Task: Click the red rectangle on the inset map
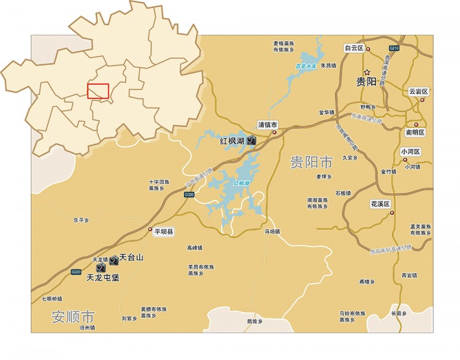98,91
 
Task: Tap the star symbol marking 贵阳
366,72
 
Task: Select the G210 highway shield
394,48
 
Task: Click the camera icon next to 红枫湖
251,140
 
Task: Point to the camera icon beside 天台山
113,260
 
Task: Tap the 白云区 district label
354,48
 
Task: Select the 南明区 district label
415,132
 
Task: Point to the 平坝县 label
164,232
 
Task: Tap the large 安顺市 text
73,317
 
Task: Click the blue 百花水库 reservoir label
305,66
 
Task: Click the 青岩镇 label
409,275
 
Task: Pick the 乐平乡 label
81,220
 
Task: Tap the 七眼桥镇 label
52,299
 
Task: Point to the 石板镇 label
343,193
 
